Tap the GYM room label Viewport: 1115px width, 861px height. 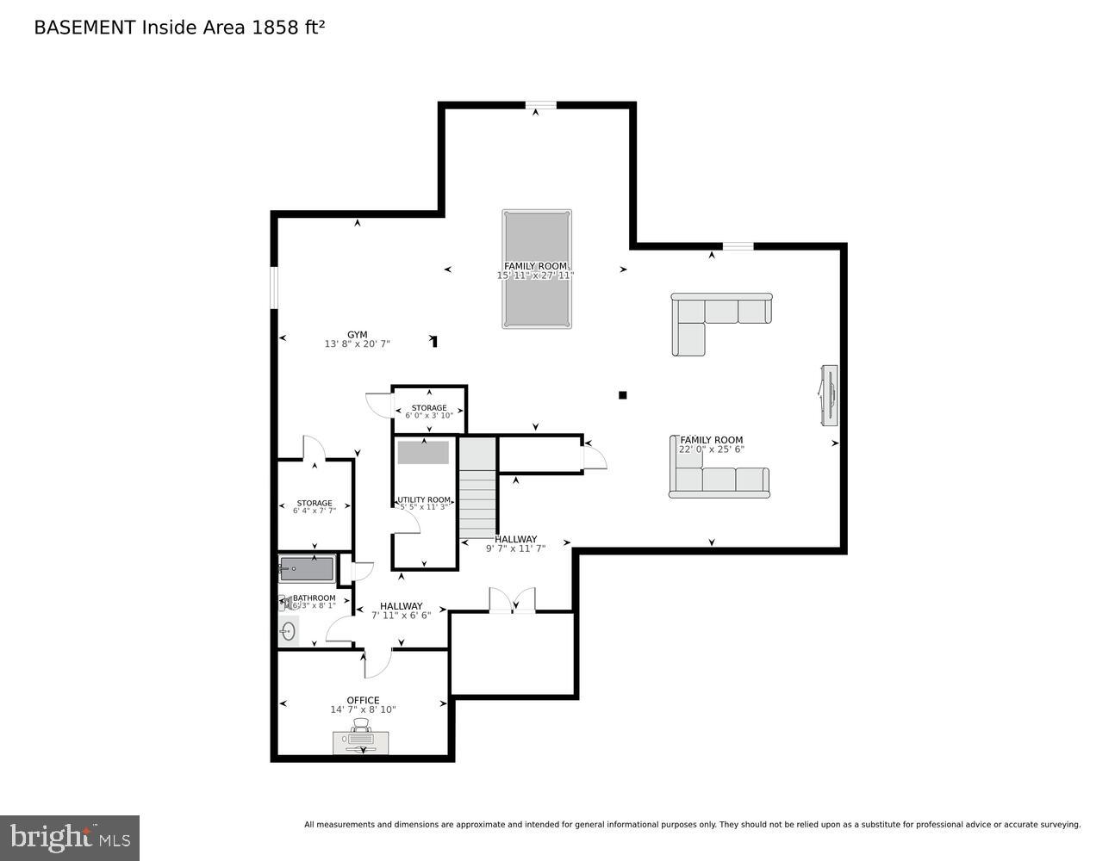point(357,335)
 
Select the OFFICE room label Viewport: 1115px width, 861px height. point(363,700)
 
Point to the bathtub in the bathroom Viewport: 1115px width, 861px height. point(306,569)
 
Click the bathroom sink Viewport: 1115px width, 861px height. point(288,632)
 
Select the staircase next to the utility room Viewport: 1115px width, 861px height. point(477,488)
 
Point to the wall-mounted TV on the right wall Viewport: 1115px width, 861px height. point(829,394)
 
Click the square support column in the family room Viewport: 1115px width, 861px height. point(622,395)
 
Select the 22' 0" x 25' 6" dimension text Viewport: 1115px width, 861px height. point(711,449)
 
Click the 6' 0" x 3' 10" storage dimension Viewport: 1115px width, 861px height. point(429,416)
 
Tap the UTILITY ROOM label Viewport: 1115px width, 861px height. point(424,499)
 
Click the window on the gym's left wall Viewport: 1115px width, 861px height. point(273,287)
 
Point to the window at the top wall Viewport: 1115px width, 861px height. point(540,106)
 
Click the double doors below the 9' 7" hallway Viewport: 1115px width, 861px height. point(512,602)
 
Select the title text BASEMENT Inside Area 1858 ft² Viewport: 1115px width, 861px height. point(179,28)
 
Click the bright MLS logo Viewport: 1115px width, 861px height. point(70,837)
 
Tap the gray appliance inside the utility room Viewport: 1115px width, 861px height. point(423,452)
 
